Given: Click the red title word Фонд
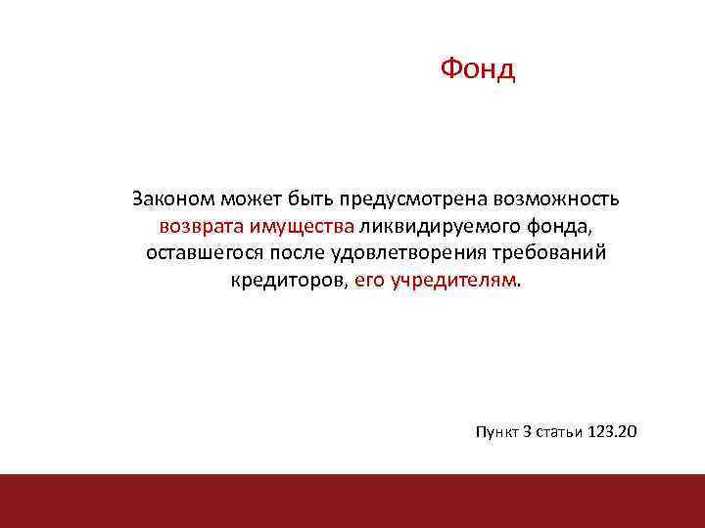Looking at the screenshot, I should (x=477, y=69).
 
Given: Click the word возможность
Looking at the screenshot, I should (x=558, y=199).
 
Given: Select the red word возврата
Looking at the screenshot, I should (x=202, y=227).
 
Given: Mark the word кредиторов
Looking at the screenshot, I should (x=289, y=282).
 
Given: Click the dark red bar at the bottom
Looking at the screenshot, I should (x=352, y=501).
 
